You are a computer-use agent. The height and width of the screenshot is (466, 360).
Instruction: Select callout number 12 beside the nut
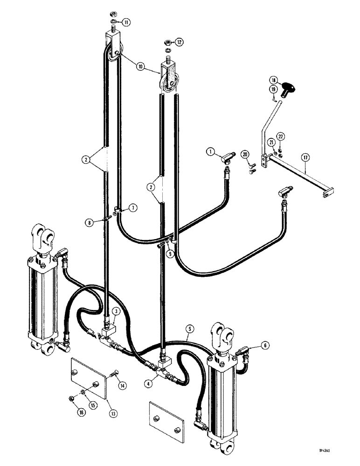point(179,42)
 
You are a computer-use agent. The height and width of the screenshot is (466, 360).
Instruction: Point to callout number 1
point(210,151)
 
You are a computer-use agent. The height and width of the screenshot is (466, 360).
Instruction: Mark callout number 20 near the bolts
point(246,154)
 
